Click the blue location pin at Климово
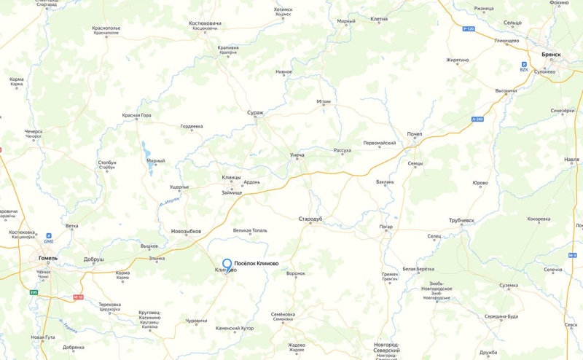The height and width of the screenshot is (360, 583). pos(227,265)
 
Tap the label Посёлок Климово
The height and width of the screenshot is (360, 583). pos(257,263)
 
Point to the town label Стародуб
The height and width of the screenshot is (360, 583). pos(310,219)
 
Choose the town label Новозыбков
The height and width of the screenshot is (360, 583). pos(186,231)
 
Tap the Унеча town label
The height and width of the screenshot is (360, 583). pos(297,155)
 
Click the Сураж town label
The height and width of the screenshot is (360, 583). pos(255,113)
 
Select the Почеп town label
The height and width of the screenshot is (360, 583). pos(415,134)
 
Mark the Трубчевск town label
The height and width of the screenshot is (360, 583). pos(462,220)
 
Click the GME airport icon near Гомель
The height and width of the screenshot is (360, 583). pos(49,237)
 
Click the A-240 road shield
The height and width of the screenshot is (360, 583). pos(477,119)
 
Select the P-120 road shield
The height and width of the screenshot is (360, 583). pos(469,28)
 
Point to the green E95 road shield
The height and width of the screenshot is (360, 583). pos(34,292)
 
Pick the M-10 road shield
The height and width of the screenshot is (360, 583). pos(79,297)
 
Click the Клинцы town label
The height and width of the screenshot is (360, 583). pos(231,177)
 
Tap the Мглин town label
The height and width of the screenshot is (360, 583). pos(324,101)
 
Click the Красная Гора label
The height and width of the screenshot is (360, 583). pos(136,115)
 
